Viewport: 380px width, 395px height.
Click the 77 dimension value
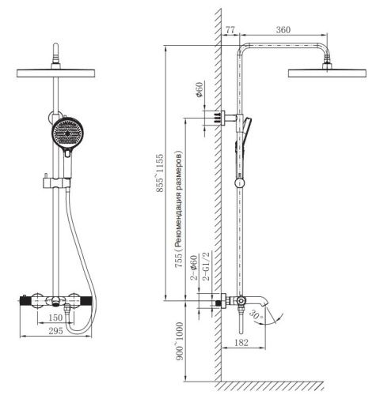pyautogui.click(x=231, y=29)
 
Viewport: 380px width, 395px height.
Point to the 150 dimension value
pyautogui.click(x=55, y=318)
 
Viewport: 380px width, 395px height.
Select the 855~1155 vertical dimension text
pyautogui.click(x=161, y=173)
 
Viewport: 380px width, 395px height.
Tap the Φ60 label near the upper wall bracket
pyautogui.click(x=199, y=91)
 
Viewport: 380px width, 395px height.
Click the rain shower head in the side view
pyautogui.click(x=325, y=73)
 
